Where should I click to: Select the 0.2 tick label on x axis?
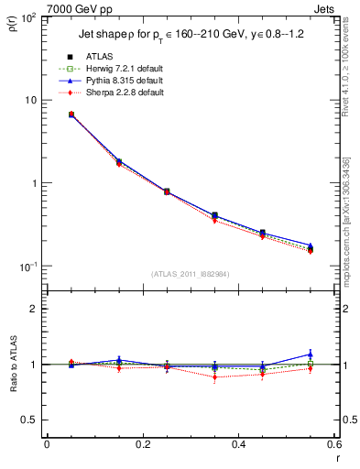(142, 444)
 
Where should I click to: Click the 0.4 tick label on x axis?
(238, 444)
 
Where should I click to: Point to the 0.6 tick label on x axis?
(333, 444)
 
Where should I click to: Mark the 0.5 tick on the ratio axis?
(32, 420)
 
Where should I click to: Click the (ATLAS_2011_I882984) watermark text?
(191, 273)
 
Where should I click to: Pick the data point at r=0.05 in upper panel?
(71, 115)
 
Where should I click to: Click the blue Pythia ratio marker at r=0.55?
(310, 354)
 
